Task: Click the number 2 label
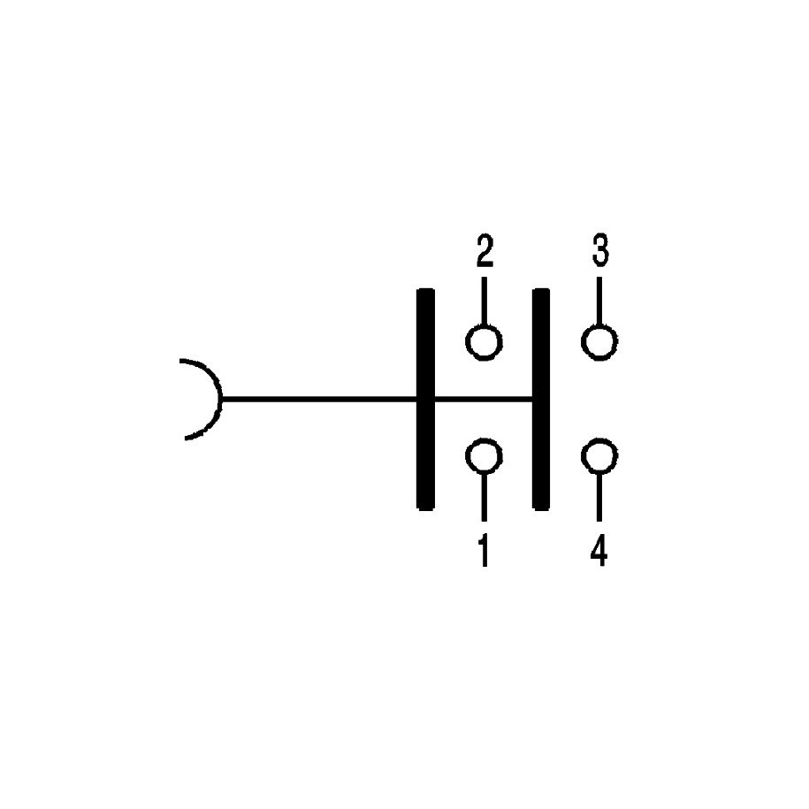pyautogui.click(x=485, y=251)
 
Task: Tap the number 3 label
pyautogui.click(x=600, y=250)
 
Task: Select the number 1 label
pyautogui.click(x=484, y=550)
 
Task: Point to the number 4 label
pyautogui.click(x=599, y=550)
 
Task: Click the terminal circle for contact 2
pyautogui.click(x=484, y=341)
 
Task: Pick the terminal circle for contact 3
pyautogui.click(x=599, y=341)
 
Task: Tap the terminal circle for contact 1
pyautogui.click(x=484, y=456)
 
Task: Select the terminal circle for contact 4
pyautogui.click(x=599, y=456)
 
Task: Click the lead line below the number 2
pyautogui.click(x=484, y=301)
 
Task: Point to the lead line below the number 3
pyautogui.click(x=599, y=301)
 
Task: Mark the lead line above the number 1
pyautogui.click(x=484, y=497)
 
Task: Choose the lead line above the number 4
pyautogui.click(x=599, y=497)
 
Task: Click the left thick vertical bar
pyautogui.click(x=425, y=399)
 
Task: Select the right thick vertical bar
pyautogui.click(x=541, y=399)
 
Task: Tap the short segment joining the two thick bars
pyautogui.click(x=484, y=398)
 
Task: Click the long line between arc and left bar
pyautogui.click(x=319, y=398)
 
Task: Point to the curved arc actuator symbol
pyautogui.click(x=202, y=400)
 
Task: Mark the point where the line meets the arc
pyautogui.click(x=223, y=398)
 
